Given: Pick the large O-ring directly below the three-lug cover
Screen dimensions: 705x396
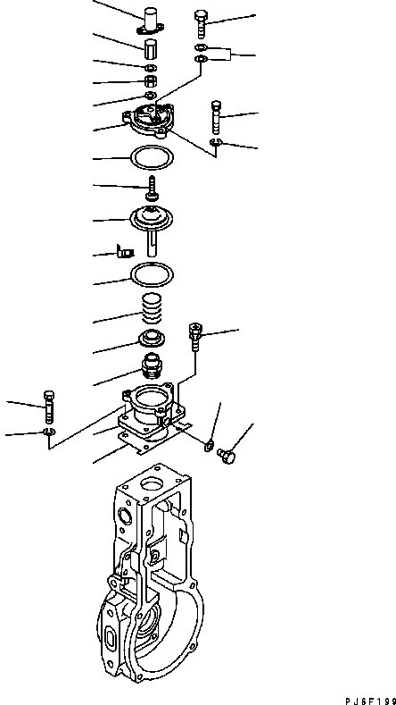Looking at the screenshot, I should [149, 157].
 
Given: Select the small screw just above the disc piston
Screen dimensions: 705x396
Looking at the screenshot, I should [153, 188].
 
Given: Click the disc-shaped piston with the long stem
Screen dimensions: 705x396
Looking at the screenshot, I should [153, 219].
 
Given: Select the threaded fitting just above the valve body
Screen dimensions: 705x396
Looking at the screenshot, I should [152, 368].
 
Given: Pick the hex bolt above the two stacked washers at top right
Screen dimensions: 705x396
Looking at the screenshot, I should [200, 21].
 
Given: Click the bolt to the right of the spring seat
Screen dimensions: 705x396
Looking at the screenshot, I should [196, 340].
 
